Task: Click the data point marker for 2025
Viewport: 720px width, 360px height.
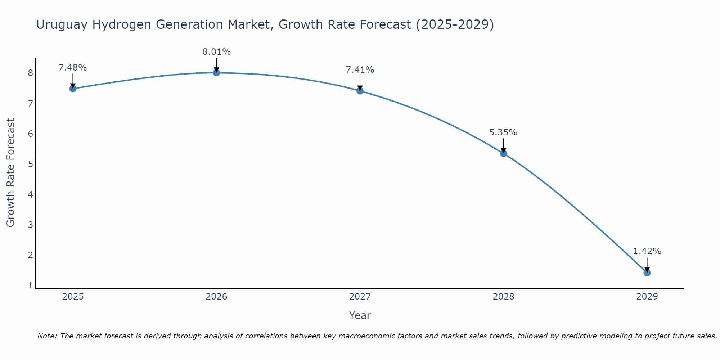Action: click(x=73, y=89)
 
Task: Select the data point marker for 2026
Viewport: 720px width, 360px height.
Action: click(x=216, y=73)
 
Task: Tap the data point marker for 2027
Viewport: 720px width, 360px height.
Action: click(x=360, y=91)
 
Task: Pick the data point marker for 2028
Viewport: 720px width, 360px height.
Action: click(x=504, y=153)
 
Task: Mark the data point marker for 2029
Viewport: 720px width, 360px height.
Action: click(x=647, y=273)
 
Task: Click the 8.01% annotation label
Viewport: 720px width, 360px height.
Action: click(x=216, y=52)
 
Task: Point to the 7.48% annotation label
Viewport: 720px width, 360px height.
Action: click(x=73, y=68)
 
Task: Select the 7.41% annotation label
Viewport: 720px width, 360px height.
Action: click(x=360, y=70)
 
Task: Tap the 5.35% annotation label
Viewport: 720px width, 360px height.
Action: click(x=503, y=132)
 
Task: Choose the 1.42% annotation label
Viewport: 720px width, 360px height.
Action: click(x=647, y=251)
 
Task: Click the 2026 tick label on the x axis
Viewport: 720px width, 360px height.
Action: click(x=216, y=297)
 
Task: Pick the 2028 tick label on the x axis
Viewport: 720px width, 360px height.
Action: click(x=503, y=297)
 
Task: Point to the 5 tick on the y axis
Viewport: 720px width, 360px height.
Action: click(x=30, y=164)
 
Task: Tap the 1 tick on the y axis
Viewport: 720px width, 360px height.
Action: click(x=30, y=285)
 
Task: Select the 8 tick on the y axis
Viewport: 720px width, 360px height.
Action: click(x=30, y=73)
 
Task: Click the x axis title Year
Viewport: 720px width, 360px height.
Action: click(x=360, y=315)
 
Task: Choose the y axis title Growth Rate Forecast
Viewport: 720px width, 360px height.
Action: click(x=11, y=173)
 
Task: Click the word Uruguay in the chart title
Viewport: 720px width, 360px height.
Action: click(x=62, y=25)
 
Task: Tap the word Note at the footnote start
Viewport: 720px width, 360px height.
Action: click(x=47, y=336)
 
